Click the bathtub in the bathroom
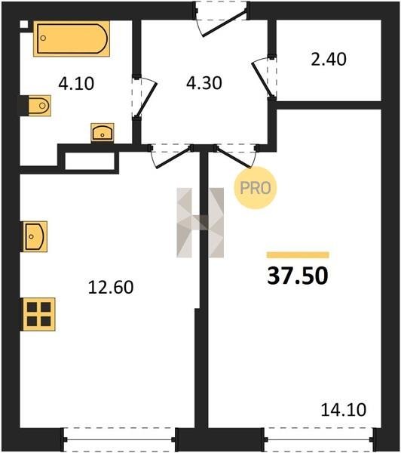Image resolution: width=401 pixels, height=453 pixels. click(72, 39)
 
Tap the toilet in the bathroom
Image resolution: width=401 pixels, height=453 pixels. click(40, 106)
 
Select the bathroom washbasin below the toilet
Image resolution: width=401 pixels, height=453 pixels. click(103, 133)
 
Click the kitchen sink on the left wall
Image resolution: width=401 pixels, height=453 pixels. click(35, 236)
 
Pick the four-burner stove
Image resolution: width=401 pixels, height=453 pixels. click(39, 314)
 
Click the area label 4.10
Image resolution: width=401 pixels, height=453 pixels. click(76, 84)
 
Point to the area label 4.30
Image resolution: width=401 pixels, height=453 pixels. click(204, 83)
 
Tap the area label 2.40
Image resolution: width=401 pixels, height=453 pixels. click(329, 60)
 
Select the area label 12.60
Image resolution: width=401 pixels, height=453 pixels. click(111, 288)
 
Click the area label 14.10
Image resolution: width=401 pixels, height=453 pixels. click(344, 410)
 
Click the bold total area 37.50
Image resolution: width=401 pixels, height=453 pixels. click(298, 276)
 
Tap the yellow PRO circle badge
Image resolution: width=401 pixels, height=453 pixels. click(256, 188)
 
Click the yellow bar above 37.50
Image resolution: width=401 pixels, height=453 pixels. click(298, 254)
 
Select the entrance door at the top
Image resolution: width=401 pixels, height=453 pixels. click(221, 20)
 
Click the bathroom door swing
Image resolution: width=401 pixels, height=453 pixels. click(145, 97)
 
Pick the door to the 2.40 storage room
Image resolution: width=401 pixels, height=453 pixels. click(264, 78)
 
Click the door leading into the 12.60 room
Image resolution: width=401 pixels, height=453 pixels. click(171, 156)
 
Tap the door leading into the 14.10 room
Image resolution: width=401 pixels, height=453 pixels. click(236, 156)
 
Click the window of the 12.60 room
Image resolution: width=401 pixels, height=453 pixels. click(119, 439)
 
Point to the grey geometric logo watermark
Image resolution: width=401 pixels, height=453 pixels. click(200, 223)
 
